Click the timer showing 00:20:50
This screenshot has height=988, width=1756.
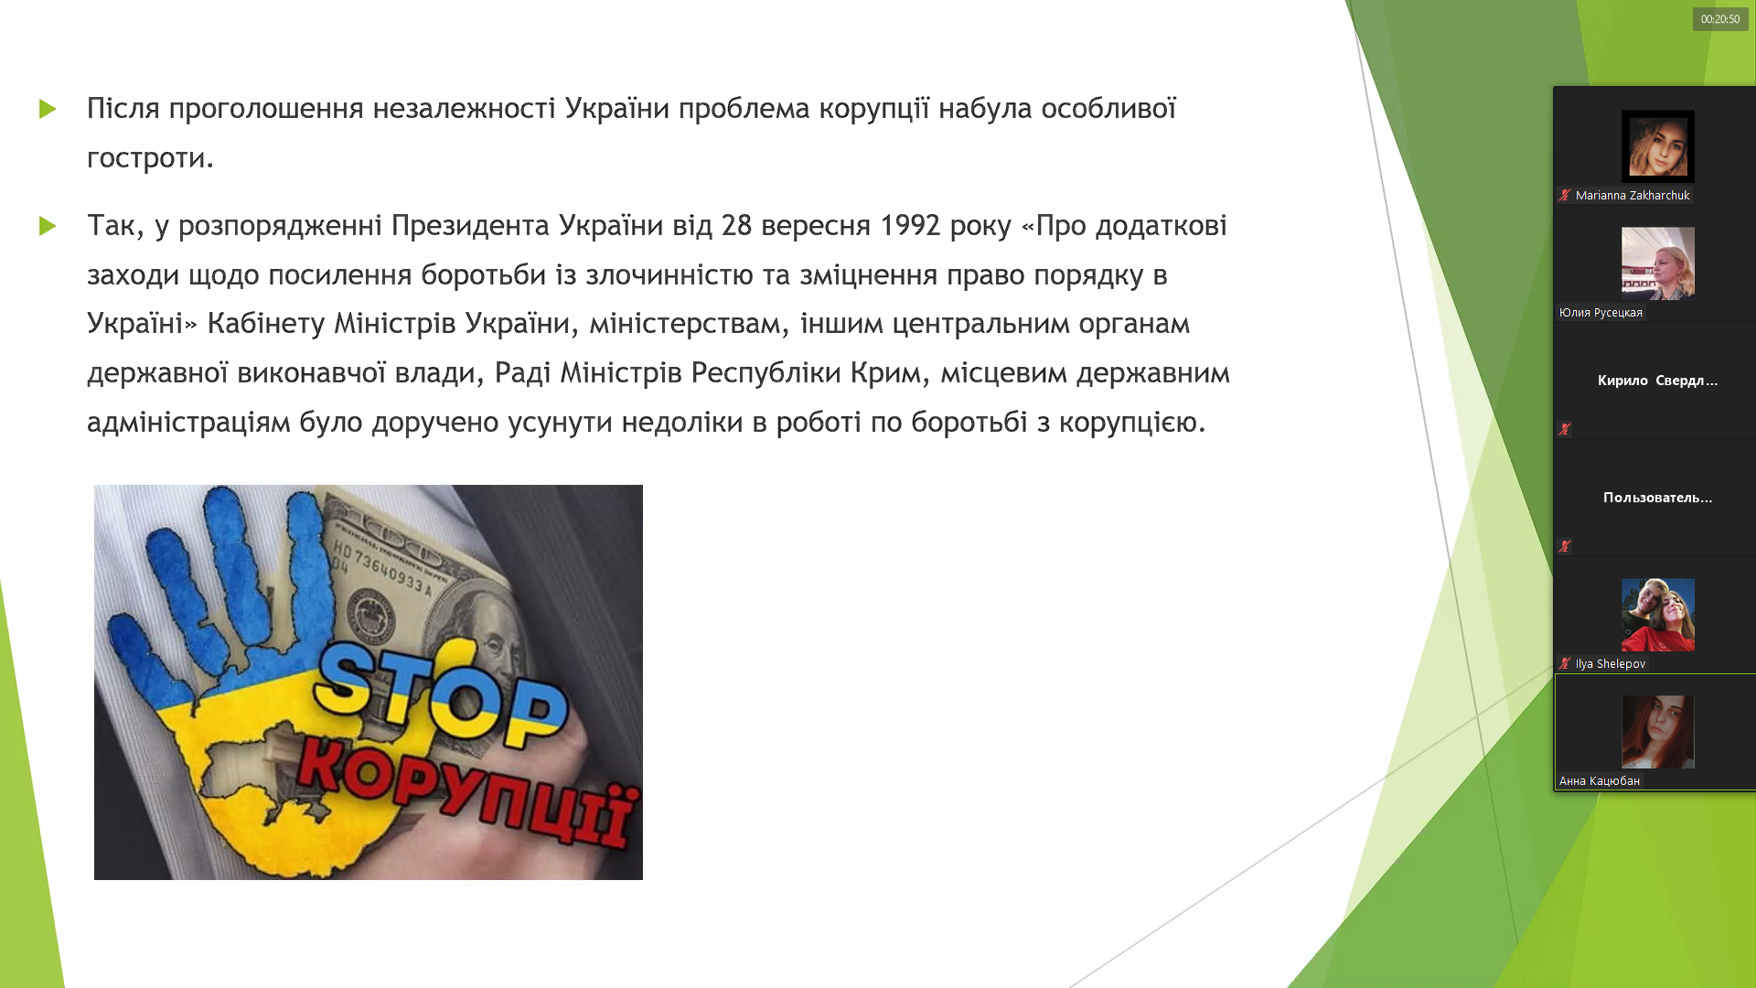coord(1720,19)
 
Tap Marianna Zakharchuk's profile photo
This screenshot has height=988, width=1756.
coord(1658,146)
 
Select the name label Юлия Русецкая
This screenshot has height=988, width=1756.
coord(1601,313)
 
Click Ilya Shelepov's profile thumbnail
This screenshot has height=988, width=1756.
coord(1658,615)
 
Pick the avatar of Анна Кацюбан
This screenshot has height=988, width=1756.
coord(1658,732)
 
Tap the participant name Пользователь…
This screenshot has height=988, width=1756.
coord(1657,498)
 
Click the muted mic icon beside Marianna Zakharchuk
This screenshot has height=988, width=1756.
coord(1565,195)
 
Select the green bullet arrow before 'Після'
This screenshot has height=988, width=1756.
coord(48,109)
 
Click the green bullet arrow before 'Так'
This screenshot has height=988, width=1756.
coord(48,226)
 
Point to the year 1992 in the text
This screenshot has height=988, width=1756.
coord(910,225)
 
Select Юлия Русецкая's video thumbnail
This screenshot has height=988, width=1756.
coord(1658,263)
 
